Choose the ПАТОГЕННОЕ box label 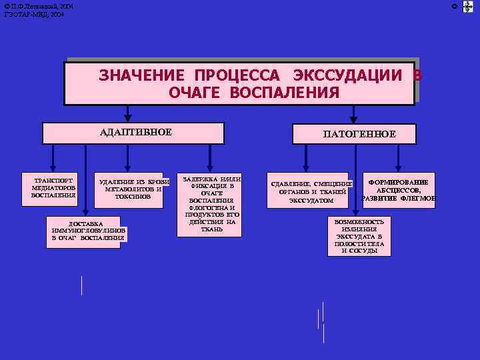click(359, 134)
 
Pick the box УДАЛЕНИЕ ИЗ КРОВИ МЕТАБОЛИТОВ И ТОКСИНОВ click(133, 189)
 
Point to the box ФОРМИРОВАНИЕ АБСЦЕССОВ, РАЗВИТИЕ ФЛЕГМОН click(399, 190)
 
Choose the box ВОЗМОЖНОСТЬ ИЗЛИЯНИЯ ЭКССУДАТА click(359, 237)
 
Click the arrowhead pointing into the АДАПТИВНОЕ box click(128, 118)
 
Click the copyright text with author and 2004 click(38, 6)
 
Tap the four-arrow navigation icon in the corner click(467, 7)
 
